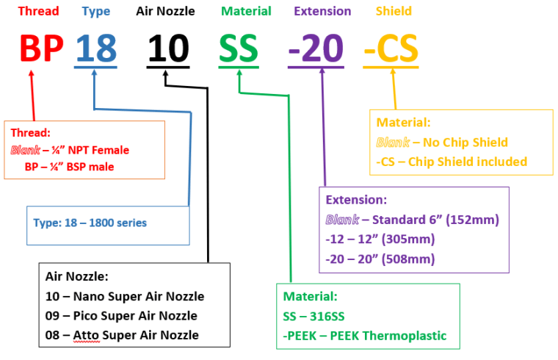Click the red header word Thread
pyautogui.click(x=38, y=12)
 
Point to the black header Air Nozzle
pyautogui.click(x=167, y=12)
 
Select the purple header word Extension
pyautogui.click(x=322, y=12)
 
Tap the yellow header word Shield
pyautogui.click(x=394, y=12)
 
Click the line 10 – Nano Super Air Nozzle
pyautogui.click(x=125, y=297)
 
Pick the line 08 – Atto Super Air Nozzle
pyautogui.click(x=122, y=336)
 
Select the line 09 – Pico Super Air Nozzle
pyautogui.click(x=121, y=316)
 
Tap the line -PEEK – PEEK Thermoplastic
pyautogui.click(x=365, y=336)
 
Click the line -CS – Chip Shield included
pyautogui.click(x=452, y=162)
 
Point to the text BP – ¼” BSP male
pyautogui.click(x=69, y=167)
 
